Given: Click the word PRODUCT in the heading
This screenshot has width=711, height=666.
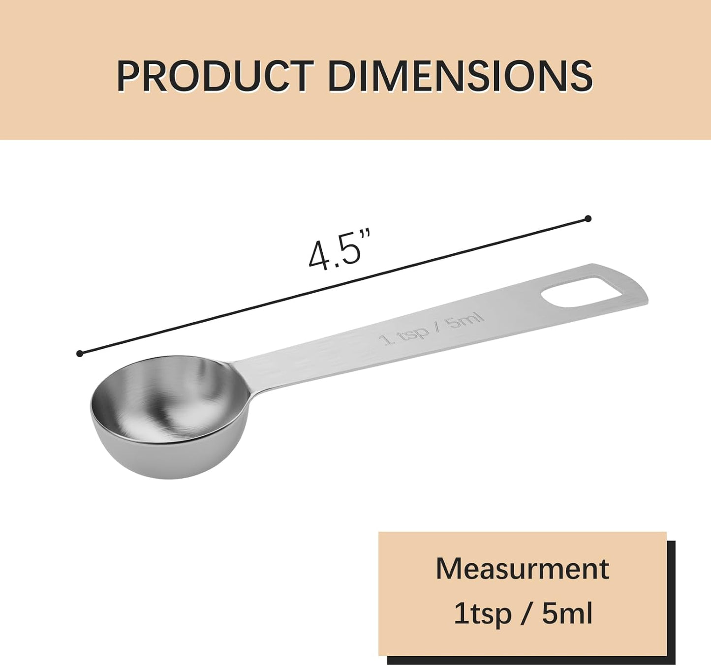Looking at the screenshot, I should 215,76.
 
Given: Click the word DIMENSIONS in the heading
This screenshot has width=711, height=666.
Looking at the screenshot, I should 460,76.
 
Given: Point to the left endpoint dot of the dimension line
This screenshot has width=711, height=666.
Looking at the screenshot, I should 80,353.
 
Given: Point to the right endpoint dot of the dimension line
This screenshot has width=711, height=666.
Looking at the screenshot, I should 587,218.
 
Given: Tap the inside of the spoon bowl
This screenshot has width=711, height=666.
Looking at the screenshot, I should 167,398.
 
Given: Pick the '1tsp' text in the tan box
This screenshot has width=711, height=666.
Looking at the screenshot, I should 482,613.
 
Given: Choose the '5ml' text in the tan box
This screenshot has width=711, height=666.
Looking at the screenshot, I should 567,613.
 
